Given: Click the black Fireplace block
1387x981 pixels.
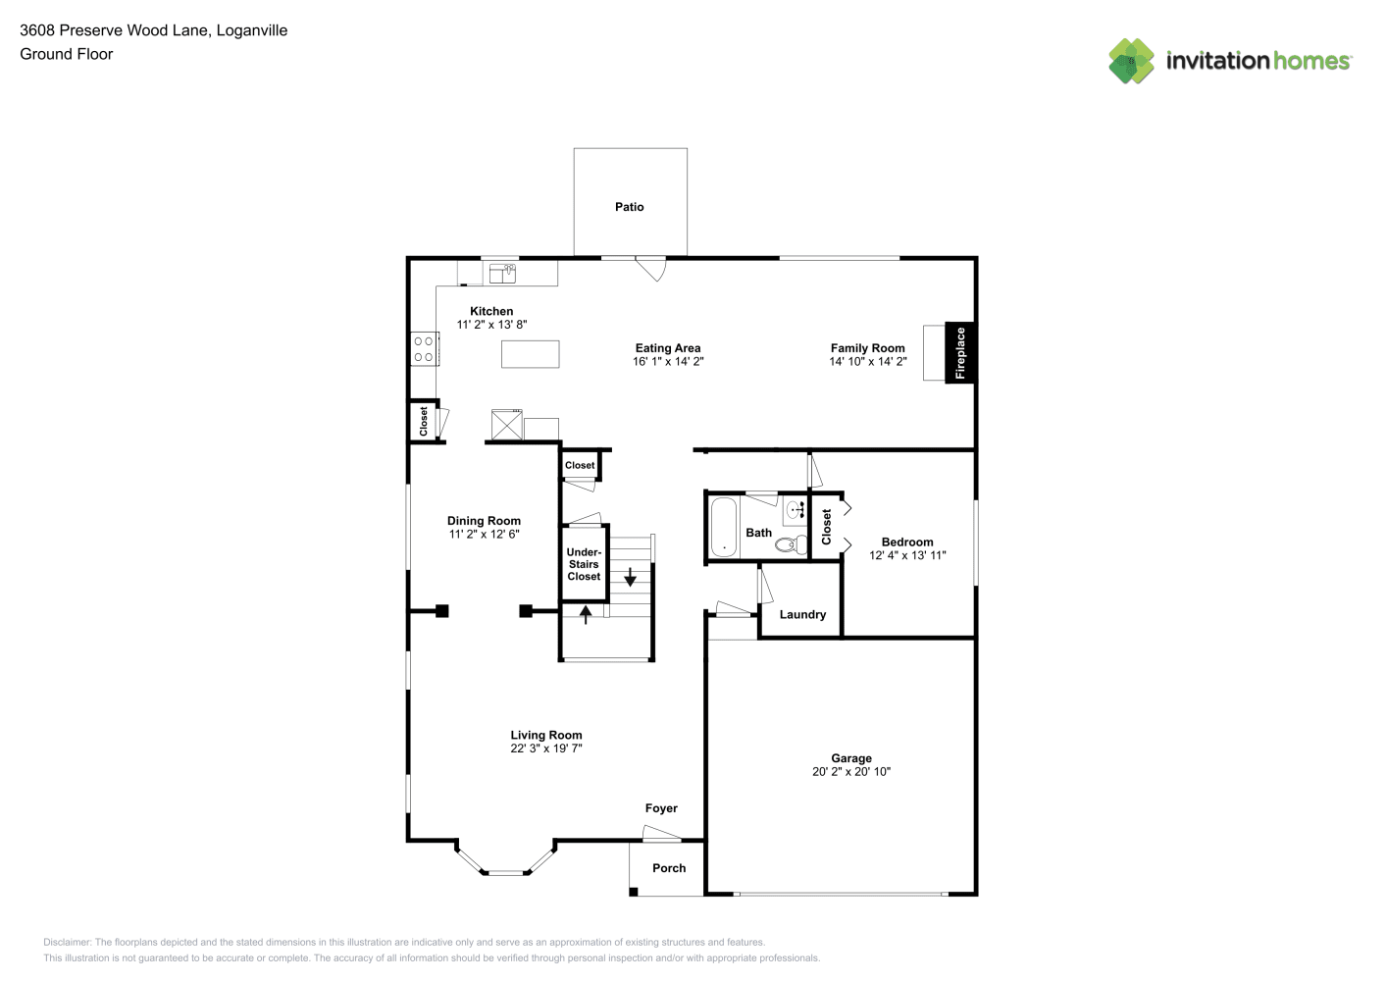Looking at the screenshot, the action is pos(959,352).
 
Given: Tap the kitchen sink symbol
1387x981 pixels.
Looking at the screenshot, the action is pos(502,273).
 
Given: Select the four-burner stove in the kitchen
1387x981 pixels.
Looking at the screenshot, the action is pos(425,348).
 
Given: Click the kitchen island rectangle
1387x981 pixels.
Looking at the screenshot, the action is pos(530,354).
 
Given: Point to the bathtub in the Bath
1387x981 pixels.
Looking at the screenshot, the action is pos(723,527).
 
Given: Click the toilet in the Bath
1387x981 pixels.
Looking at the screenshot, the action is pos(792,545).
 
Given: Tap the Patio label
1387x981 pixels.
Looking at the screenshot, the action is pos(629,207).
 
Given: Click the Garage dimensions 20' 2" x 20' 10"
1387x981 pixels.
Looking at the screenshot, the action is pos(851,772).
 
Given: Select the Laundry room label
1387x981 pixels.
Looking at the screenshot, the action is pos(802,614).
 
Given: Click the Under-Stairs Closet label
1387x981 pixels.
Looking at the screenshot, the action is pos(584,564).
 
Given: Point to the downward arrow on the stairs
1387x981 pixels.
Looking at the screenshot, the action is pos(630,577).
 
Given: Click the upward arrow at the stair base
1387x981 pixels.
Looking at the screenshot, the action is pos(586,614).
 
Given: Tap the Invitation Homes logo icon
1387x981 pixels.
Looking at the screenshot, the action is pos(1131,61).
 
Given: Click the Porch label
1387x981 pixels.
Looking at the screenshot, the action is pos(669,868).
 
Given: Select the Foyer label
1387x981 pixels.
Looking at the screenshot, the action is pos(661,808).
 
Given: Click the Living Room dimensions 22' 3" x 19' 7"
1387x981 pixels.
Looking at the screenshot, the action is pos(546,749).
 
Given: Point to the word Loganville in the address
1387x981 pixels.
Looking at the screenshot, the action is pos(252,30).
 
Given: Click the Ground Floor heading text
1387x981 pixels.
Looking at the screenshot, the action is pos(67,54).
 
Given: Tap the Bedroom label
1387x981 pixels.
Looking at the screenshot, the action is pos(907,542).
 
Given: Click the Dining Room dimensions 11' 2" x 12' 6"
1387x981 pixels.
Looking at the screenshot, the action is pos(485,534).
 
